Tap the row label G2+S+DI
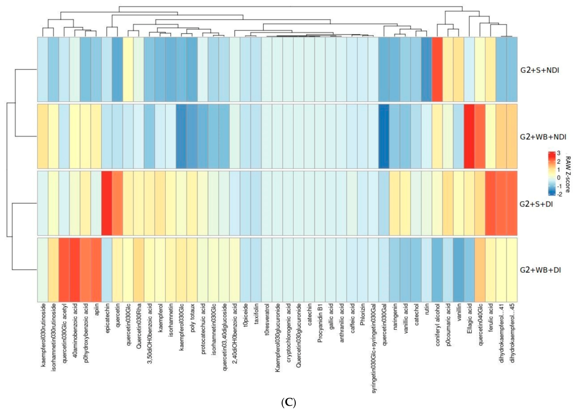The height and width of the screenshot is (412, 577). [536, 204]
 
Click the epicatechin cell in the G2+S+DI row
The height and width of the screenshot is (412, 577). [107, 203]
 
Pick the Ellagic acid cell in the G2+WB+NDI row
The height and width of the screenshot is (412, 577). [469, 136]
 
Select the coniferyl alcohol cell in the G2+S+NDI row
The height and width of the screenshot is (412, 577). [437, 70]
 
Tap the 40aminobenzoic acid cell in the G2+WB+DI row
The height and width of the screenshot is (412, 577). [75, 270]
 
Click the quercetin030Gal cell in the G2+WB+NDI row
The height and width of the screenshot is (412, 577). [384, 136]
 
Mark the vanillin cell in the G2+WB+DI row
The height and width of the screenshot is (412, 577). [459, 270]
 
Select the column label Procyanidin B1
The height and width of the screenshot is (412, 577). [320, 323]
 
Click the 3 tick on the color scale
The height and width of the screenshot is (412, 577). [559, 153]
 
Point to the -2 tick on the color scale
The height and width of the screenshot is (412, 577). [559, 194]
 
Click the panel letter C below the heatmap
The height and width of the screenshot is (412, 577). [289, 402]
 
